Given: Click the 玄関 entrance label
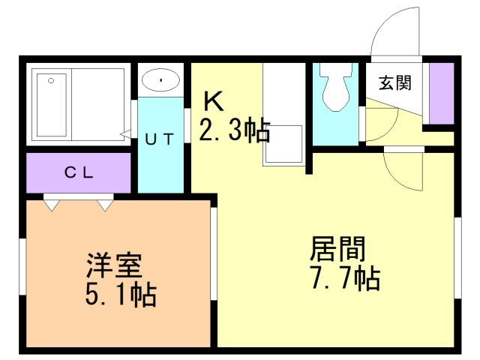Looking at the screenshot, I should click(x=394, y=82).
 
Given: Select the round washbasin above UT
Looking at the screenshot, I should click(x=160, y=79).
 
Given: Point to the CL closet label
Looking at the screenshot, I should click(x=77, y=172).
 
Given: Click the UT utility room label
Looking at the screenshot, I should click(x=159, y=138).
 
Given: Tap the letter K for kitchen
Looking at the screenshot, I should click(x=212, y=100).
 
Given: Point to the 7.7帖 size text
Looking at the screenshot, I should click(x=344, y=278).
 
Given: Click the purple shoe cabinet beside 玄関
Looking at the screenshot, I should click(x=441, y=93).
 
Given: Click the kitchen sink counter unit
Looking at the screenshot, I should click(x=284, y=112).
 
